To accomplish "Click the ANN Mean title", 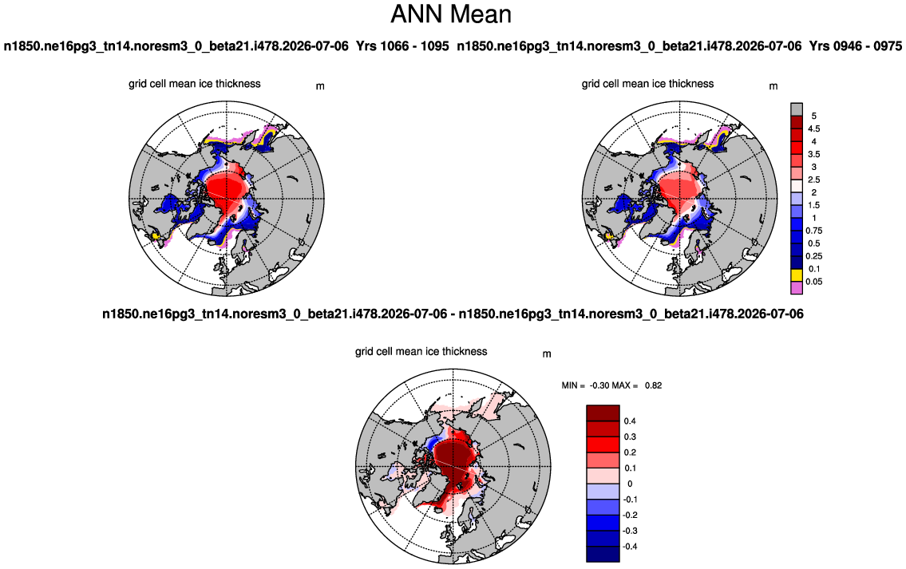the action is click(451, 14).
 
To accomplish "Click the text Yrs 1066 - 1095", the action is click(402, 46).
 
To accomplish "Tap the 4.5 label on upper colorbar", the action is click(813, 128).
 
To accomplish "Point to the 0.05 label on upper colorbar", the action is click(814, 282).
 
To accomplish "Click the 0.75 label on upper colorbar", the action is click(814, 231).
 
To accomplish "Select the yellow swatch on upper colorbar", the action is click(797, 275).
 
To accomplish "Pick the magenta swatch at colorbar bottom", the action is click(797, 287).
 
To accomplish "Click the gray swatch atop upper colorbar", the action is click(797, 110).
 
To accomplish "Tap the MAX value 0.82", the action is click(654, 385).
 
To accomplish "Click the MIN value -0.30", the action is click(599, 385).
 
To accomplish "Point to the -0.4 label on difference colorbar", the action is click(630, 547).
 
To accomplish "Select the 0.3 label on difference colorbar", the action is click(630, 437).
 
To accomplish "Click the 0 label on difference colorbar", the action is click(630, 484).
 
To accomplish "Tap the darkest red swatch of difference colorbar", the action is click(603, 413).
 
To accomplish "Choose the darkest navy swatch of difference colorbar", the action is click(603, 554).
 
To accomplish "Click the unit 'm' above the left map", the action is click(320, 87).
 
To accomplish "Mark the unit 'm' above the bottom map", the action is click(547, 354).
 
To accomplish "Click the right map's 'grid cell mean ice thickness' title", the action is click(647, 84).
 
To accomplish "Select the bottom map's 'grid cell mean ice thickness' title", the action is click(421, 352).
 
